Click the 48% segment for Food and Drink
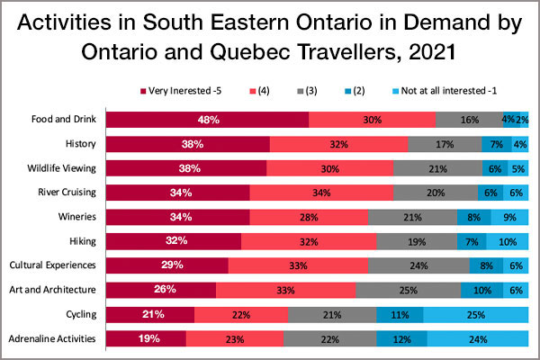208,120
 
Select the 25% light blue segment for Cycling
475,314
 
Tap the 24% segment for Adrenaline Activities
477,339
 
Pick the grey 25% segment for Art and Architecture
408,290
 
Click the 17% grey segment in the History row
445,144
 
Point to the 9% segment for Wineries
509,217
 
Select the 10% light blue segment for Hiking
507,241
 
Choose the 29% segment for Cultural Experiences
167,265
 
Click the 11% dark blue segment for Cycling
400,314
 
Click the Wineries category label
77,217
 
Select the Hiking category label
82,241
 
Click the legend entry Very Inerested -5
184,90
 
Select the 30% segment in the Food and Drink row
372,120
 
